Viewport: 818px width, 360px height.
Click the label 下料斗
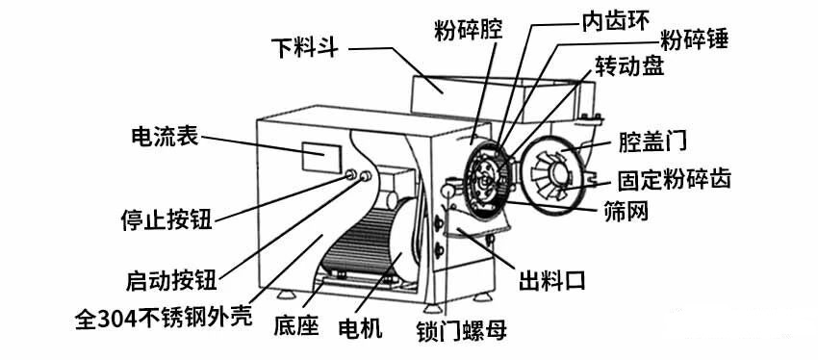304,47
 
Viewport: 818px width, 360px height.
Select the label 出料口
552,280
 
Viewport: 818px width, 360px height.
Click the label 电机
361,327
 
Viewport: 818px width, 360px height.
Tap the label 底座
296,327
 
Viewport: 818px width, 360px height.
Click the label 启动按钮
170,279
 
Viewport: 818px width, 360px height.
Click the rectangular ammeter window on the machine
320,155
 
